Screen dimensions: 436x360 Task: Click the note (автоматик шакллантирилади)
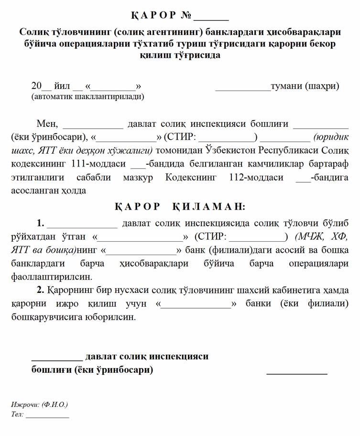click(87, 96)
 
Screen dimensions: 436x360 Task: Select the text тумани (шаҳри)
click(305, 86)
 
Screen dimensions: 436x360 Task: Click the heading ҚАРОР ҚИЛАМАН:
click(180, 207)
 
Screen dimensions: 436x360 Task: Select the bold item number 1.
click(40, 223)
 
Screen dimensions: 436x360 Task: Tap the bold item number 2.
click(40, 290)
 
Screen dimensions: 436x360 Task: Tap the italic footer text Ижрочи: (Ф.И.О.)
click(39, 404)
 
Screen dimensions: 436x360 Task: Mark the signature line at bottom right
click(296, 372)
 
